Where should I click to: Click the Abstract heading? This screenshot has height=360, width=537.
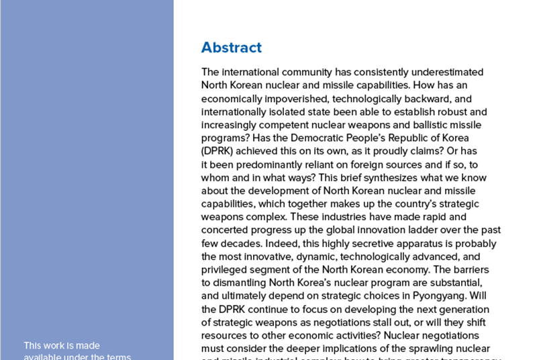(231, 48)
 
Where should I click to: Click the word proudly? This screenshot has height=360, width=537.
(409, 151)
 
